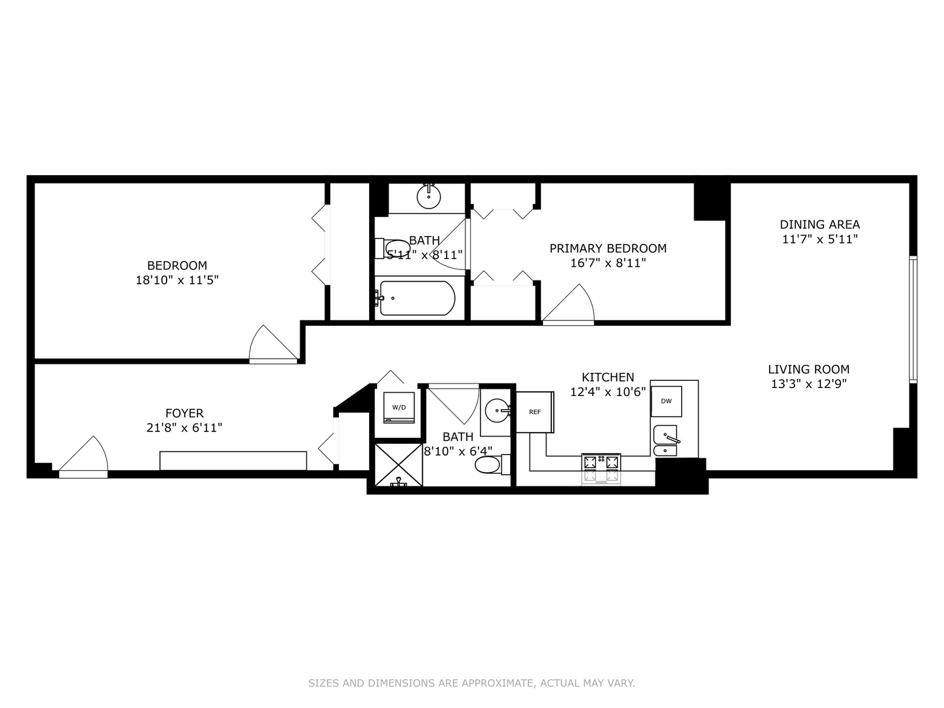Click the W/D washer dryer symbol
tap(399, 408)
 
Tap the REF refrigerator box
tap(535, 412)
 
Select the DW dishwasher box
tap(666, 401)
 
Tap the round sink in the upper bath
tap(429, 197)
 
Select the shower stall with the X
tap(398, 465)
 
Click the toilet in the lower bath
tap(489, 465)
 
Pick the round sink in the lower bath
tap(497, 412)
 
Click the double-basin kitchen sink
tap(665, 442)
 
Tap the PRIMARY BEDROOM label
tap(608, 248)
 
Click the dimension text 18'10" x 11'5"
tap(177, 280)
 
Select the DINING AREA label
tap(819, 224)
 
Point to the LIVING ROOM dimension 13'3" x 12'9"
tap(808, 384)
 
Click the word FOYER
tap(184, 413)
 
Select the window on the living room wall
tap(913, 319)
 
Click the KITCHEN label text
tap(608, 377)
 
